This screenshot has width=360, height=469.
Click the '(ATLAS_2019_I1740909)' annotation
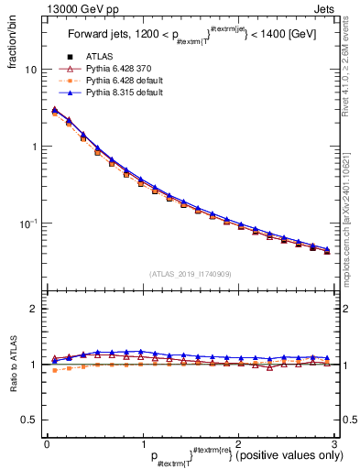click(191, 274)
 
